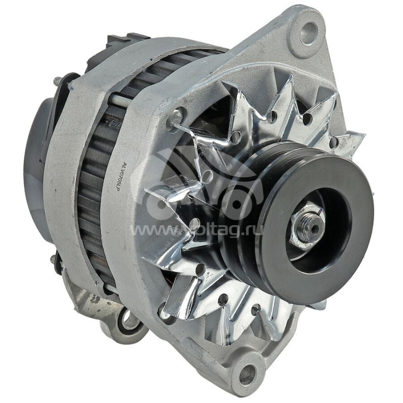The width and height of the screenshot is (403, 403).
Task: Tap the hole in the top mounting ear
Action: click(x=308, y=33)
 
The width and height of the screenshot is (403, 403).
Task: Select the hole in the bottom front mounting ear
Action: click(x=247, y=374)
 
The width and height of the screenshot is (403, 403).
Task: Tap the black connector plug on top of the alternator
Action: click(x=126, y=40)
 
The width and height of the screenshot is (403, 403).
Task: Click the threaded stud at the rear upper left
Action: click(x=57, y=80)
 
